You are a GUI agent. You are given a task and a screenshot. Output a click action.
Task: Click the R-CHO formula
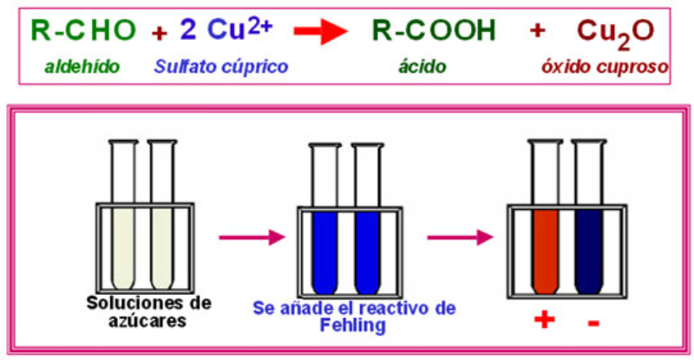83,30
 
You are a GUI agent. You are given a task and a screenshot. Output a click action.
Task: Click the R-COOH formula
434,30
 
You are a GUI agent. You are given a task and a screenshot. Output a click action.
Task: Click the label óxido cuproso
617,65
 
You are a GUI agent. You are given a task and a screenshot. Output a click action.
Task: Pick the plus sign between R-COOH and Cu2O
538,31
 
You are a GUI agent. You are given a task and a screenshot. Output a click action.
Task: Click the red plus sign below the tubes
544,322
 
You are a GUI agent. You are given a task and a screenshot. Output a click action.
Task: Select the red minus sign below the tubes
593,323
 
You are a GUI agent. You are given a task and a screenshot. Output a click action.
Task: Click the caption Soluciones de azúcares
140,309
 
